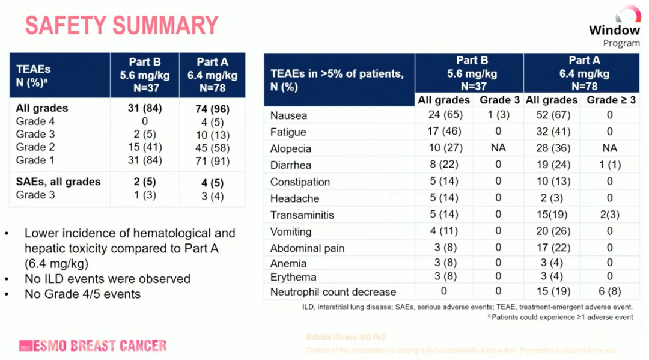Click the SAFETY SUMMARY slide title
point(121,25)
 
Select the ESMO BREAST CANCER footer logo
point(93,346)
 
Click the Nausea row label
point(288,115)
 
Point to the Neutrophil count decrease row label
point(333,292)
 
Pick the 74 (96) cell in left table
point(212,109)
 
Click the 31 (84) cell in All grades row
point(145,109)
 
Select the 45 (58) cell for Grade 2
point(212,147)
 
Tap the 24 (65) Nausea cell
point(443,115)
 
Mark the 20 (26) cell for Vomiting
point(551,231)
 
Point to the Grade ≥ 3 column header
point(611,100)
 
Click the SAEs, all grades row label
point(58,182)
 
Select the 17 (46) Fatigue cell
point(443,132)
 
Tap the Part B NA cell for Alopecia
point(498,148)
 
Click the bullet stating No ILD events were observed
point(108,279)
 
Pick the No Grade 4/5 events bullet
point(82,294)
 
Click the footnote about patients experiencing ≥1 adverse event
point(561,317)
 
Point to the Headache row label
point(294,198)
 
